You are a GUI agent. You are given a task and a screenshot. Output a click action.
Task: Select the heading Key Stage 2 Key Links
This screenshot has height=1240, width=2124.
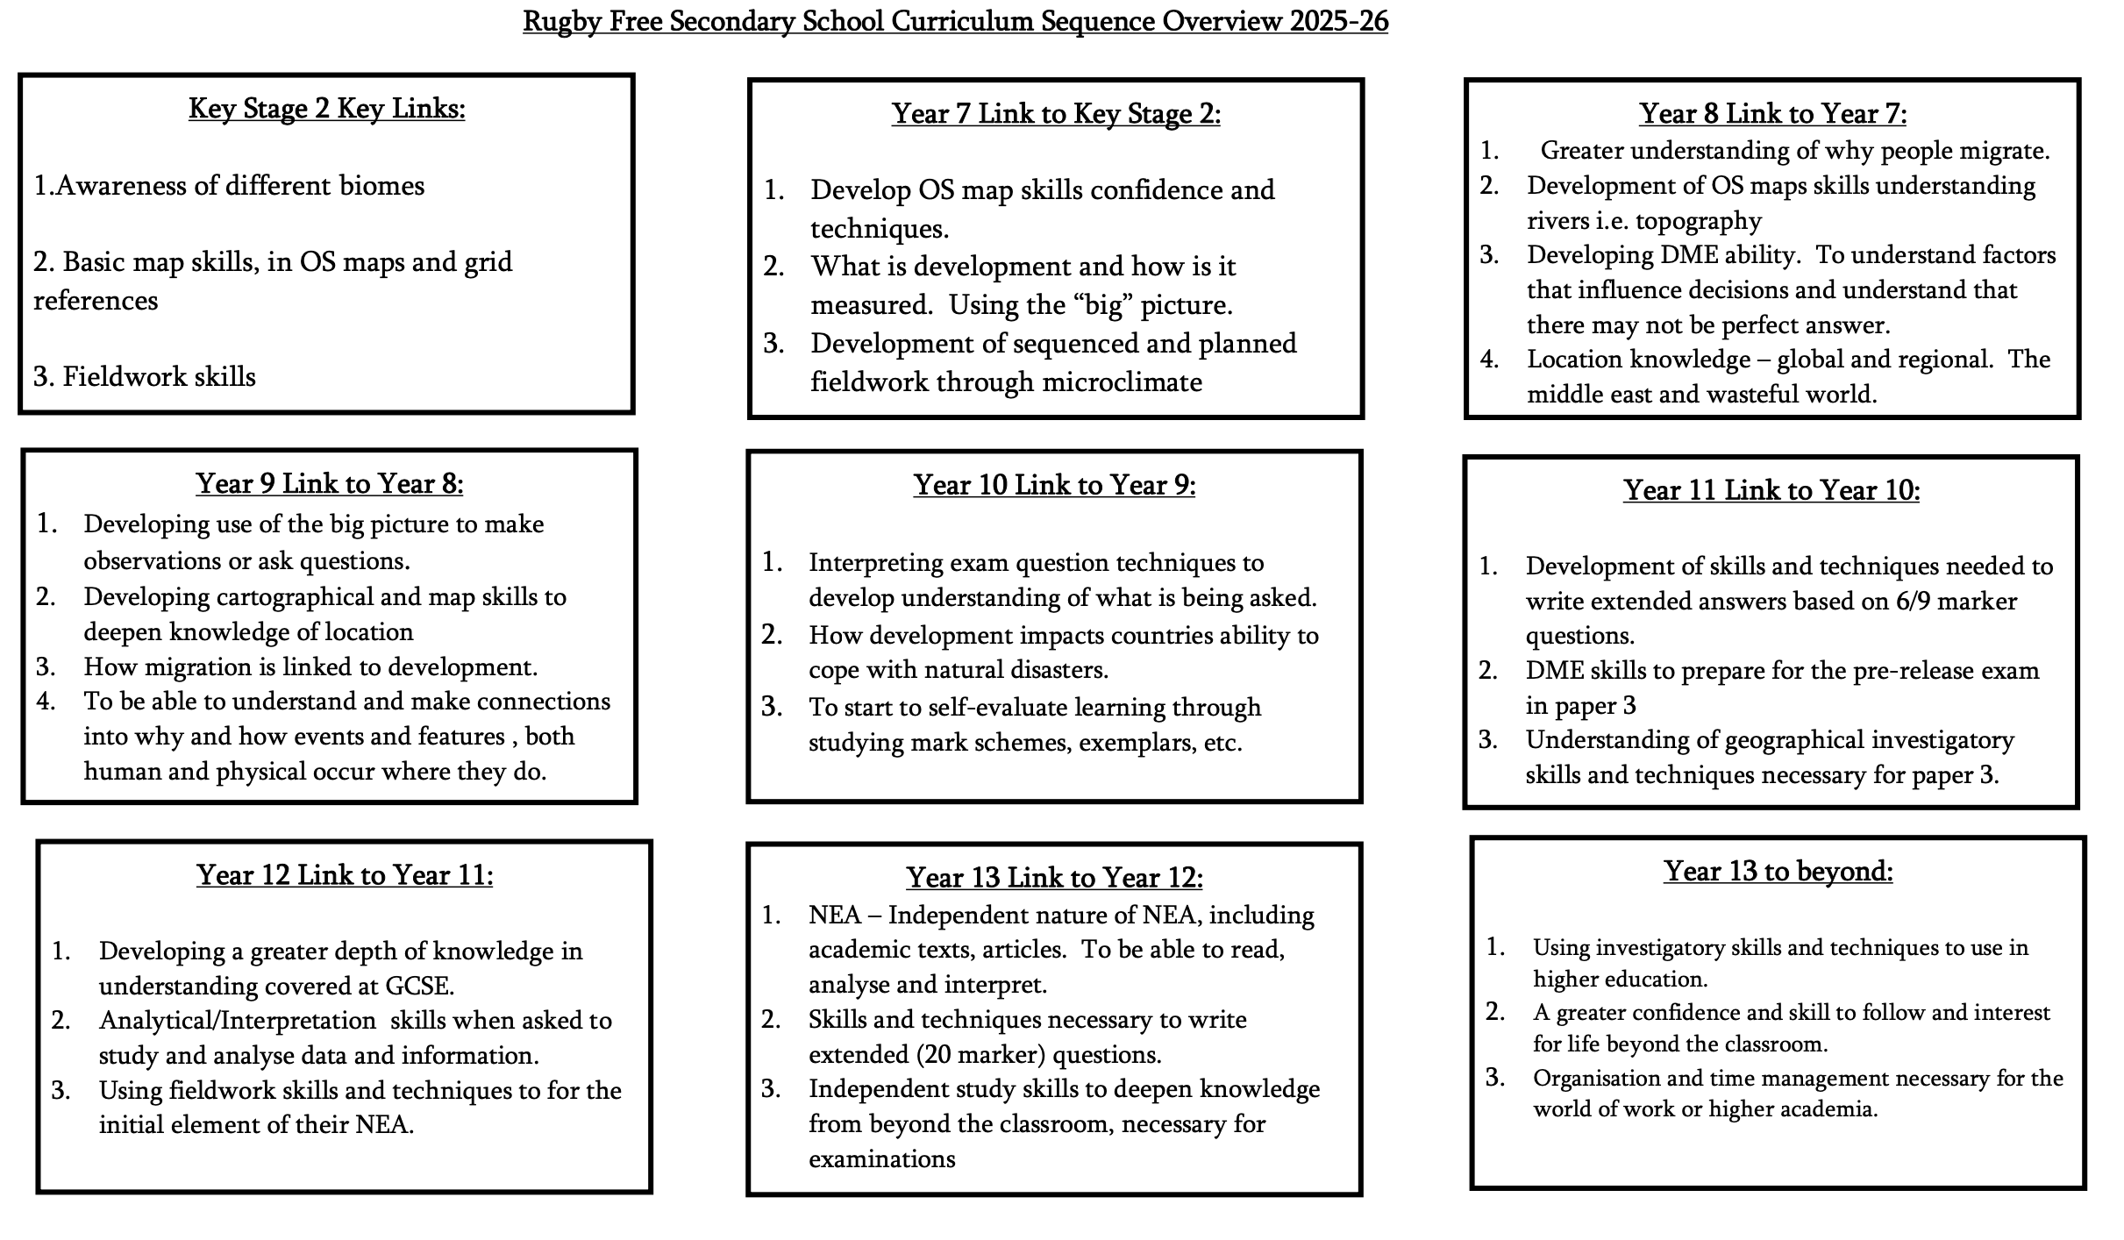[x=326, y=109]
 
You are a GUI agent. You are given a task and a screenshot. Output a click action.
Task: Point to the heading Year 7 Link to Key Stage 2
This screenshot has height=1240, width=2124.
[x=1056, y=114]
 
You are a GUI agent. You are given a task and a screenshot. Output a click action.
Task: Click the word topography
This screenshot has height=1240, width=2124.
[x=1698, y=221]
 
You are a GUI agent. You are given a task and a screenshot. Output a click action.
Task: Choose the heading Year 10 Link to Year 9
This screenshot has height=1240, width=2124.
[x=1054, y=485]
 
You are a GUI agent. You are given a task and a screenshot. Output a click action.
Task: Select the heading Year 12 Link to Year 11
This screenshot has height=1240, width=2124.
[x=345, y=875]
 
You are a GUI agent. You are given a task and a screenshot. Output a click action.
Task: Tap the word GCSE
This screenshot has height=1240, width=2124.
[x=419, y=987]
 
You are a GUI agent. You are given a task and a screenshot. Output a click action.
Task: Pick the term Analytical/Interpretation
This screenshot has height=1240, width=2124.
[x=238, y=1021]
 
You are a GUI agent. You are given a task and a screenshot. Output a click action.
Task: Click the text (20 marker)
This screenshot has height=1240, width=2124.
[x=984, y=1055]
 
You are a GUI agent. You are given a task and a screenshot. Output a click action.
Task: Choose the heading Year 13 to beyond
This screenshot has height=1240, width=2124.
[x=1778, y=872]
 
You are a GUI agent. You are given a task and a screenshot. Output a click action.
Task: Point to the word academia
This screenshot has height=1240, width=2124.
[x=1835, y=1109]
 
